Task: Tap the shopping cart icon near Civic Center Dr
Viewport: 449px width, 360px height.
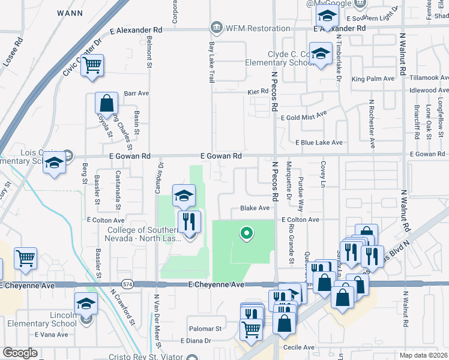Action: coord(92,66)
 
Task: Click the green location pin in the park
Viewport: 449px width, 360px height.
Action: coord(245,233)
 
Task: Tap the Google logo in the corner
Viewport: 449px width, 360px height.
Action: coord(20,352)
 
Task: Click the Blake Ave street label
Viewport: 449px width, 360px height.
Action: coord(255,208)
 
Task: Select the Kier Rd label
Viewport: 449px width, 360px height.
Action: coord(257,92)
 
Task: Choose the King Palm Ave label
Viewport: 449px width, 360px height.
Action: coord(373,79)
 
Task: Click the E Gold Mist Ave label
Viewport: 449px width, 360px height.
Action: coord(304,115)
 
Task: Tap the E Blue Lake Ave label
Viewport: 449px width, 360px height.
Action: coord(319,142)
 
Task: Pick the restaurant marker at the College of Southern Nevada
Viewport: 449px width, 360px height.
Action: coord(188,221)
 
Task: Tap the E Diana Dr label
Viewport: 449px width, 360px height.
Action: coord(196,341)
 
